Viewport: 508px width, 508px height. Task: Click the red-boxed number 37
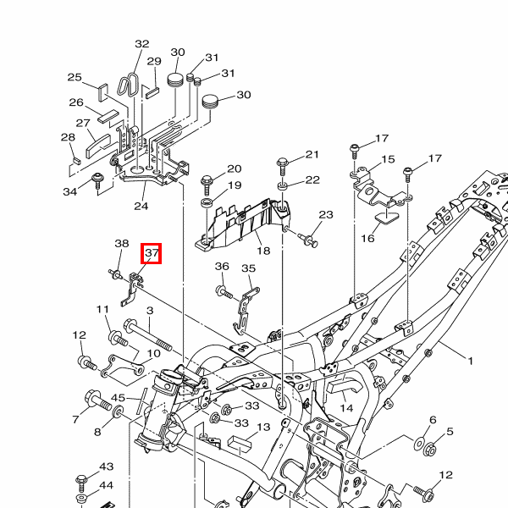click(x=152, y=253)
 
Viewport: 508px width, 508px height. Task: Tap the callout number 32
click(x=141, y=45)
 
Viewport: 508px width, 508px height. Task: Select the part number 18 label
click(x=262, y=251)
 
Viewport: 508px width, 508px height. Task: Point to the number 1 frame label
click(x=470, y=362)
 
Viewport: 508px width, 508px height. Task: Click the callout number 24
click(x=141, y=206)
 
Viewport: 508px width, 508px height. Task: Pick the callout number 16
click(x=367, y=239)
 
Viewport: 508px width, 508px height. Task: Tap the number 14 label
click(x=346, y=408)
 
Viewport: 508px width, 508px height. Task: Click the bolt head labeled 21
click(x=283, y=162)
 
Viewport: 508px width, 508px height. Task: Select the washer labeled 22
click(x=283, y=183)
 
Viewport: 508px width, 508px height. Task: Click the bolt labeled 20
click(x=207, y=180)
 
